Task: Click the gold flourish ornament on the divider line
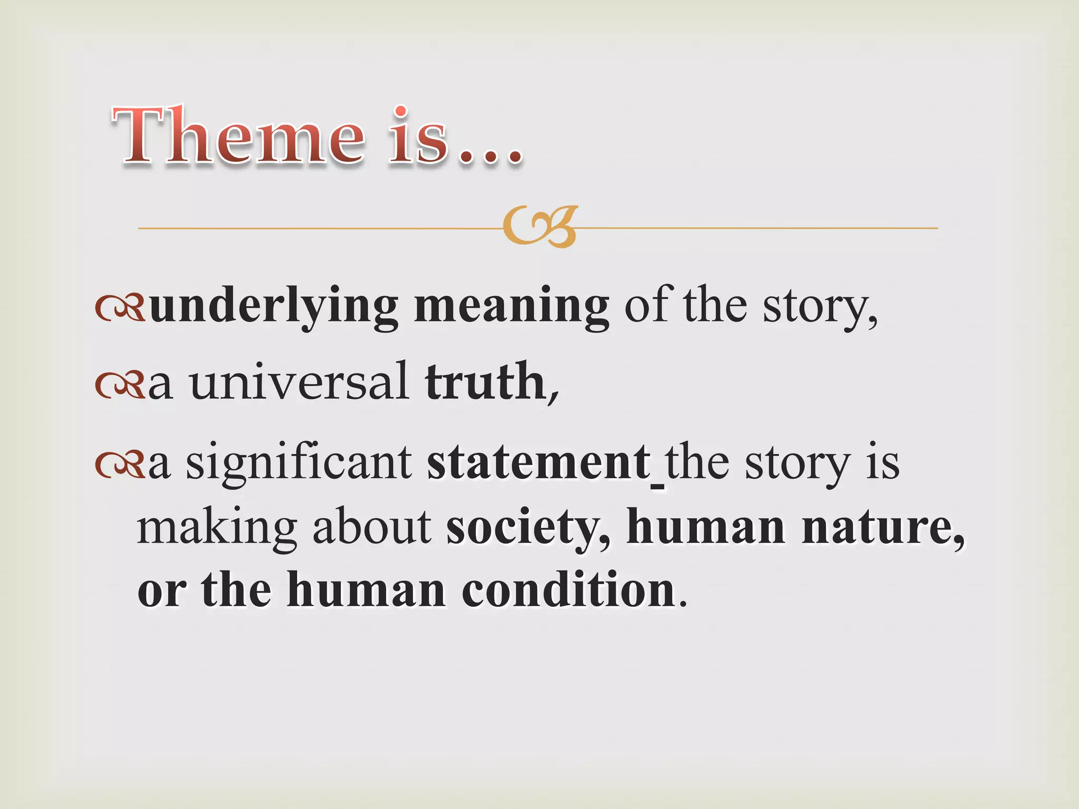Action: coord(539,227)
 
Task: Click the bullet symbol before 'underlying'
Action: coord(120,309)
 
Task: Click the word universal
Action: coord(299,381)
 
